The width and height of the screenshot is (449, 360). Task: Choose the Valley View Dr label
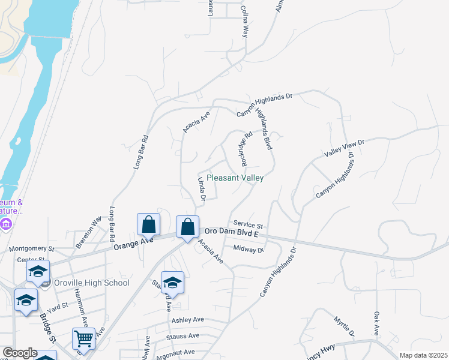345,148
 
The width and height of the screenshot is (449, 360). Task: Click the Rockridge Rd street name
244,149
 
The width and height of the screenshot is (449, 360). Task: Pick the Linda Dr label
202,189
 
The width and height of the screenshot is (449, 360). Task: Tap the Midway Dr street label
249,248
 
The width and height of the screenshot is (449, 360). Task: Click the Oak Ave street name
376,323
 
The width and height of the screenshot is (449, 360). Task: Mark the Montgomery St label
31,248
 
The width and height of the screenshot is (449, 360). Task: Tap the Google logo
20,353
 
